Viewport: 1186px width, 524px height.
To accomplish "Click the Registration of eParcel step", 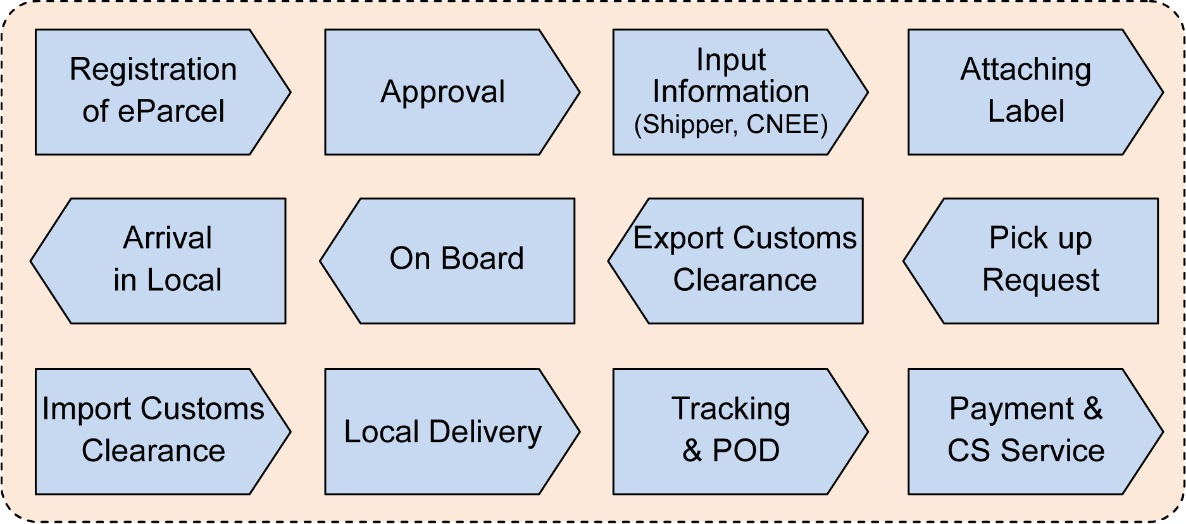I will (153, 92).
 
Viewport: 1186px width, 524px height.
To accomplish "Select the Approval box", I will (443, 92).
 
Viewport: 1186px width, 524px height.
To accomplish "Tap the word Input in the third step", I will (731, 60).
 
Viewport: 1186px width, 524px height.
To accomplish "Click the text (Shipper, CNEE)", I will (731, 124).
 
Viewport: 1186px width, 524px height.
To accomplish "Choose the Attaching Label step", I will (1025, 92).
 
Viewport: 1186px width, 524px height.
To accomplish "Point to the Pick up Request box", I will (1040, 260).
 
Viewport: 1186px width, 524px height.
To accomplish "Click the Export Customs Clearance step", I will (744, 260).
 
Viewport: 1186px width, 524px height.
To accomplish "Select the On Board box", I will (456, 260).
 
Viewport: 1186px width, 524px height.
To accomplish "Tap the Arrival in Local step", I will (167, 260).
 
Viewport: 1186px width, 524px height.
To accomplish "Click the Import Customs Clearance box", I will (153, 431).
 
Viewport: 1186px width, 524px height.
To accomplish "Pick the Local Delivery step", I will (443, 431).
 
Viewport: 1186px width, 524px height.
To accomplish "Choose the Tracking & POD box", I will (731, 431).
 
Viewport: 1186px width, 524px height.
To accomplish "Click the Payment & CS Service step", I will (1025, 431).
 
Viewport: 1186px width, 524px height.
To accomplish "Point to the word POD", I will (746, 451).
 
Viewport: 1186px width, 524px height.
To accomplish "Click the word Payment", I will (1011, 409).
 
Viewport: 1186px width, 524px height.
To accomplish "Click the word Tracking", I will (731, 409).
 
